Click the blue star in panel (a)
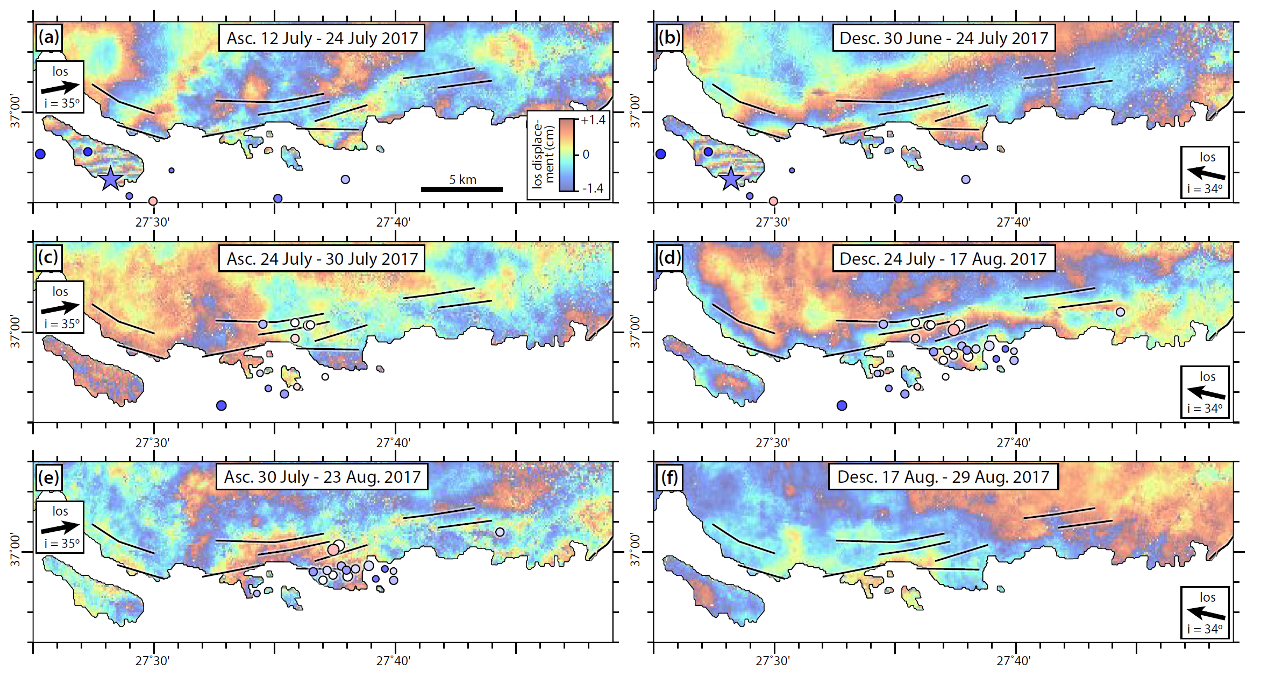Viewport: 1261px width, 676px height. point(110,179)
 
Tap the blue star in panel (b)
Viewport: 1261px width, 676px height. point(731,179)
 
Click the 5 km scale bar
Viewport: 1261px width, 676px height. point(461,189)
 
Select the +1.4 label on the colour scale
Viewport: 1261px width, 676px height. point(593,120)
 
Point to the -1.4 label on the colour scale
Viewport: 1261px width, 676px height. point(593,188)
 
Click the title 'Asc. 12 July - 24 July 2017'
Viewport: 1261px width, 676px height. point(322,38)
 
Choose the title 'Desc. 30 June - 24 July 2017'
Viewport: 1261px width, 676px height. point(944,38)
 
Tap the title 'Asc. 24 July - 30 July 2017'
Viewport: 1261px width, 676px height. point(322,259)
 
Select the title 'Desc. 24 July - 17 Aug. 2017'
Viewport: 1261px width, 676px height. point(943,259)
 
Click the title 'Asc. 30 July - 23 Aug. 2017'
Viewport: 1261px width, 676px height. point(322,477)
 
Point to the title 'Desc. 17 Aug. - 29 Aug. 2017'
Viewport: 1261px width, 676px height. point(943,477)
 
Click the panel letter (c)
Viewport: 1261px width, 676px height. point(48,257)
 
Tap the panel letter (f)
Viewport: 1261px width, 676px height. point(669,477)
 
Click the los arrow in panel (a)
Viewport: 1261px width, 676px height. point(60,87)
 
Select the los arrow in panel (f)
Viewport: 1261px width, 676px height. point(1206,613)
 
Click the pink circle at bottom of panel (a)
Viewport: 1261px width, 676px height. point(153,201)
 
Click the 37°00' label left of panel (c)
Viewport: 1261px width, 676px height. point(16,332)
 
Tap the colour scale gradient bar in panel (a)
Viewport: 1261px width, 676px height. point(567,154)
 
